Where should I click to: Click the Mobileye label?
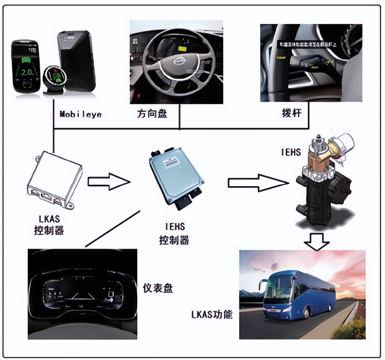81,114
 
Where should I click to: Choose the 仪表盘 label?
158,288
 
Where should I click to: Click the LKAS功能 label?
212,314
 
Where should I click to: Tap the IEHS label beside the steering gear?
291,152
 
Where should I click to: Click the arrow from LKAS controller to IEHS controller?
109,181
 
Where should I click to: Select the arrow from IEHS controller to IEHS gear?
258,182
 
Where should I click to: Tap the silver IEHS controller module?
176,178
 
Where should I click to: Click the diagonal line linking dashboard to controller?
113,228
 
